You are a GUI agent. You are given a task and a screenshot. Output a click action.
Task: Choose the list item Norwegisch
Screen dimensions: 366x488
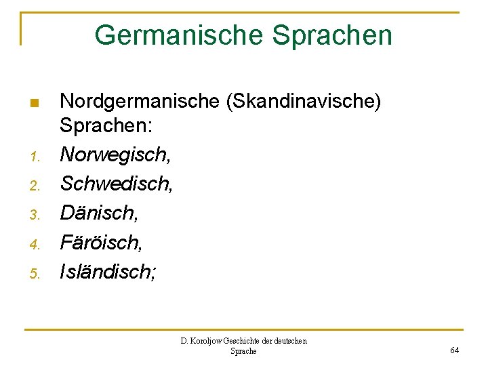(115, 155)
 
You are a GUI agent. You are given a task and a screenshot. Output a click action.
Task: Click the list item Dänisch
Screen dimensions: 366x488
(98, 212)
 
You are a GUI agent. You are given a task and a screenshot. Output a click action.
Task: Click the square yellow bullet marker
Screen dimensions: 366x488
(35, 104)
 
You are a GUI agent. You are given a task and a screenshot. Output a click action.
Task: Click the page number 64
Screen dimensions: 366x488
(454, 350)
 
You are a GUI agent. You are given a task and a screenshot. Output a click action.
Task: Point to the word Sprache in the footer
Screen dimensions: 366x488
(244, 351)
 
